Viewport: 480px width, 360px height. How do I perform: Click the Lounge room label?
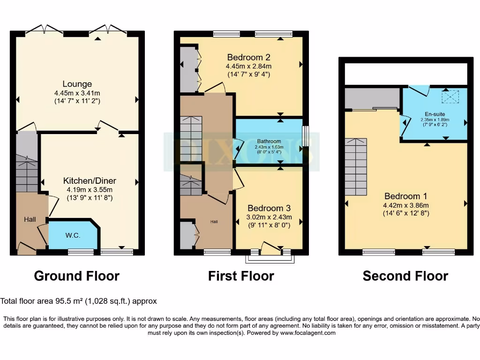point(77,84)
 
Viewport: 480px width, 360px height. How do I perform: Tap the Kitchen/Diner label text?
point(90,181)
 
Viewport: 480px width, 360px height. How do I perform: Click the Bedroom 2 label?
point(248,58)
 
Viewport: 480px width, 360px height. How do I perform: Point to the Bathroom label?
point(269,141)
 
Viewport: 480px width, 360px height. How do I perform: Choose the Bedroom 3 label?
point(270,208)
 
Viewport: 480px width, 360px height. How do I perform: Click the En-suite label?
point(435,114)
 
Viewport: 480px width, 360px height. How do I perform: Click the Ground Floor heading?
point(77,276)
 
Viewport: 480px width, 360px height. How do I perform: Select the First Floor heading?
point(241,276)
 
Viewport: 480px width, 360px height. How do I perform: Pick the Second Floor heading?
point(405,276)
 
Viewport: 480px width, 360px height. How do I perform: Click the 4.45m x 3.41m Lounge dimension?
point(77,93)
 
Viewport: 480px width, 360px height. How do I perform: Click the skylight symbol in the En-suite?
point(451,97)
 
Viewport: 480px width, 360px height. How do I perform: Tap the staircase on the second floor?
point(356,167)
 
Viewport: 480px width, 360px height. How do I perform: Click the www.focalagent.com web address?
point(308,333)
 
